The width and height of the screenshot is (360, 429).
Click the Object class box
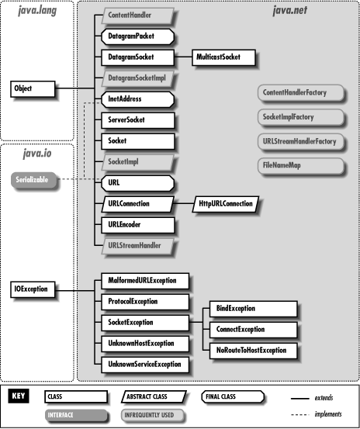click(32, 88)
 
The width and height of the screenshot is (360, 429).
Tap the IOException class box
click(33, 289)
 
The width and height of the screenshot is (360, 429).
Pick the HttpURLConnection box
click(226, 204)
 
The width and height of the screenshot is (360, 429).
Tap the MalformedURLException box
click(144, 281)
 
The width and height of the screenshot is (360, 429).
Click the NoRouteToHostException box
click(251, 351)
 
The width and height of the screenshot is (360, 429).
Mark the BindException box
click(251, 309)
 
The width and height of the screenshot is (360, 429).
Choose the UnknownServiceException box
click(144, 364)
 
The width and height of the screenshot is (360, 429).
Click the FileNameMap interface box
click(298, 164)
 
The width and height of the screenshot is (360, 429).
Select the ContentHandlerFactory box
click(298, 92)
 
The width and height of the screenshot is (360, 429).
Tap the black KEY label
click(19, 396)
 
